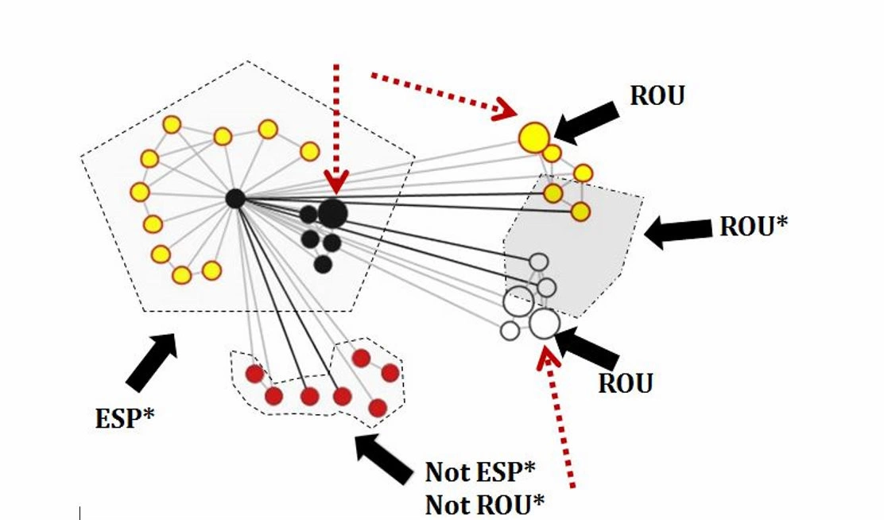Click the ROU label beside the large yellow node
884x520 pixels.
pyautogui.click(x=657, y=95)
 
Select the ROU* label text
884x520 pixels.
pyautogui.click(x=753, y=227)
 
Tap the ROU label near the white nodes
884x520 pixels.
pyautogui.click(x=625, y=382)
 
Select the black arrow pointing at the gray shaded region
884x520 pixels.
pyautogui.click(x=678, y=232)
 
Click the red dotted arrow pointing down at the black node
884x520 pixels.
pyautogui.click(x=336, y=127)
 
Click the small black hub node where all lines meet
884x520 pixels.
pyautogui.click(x=235, y=198)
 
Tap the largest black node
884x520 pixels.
pyautogui.click(x=333, y=212)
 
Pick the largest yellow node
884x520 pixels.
pyautogui.click(x=534, y=137)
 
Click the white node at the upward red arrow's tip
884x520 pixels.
pyautogui.click(x=544, y=324)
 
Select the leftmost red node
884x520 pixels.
pyautogui.click(x=254, y=374)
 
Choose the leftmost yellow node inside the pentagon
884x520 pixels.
pyautogui.click(x=140, y=192)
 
